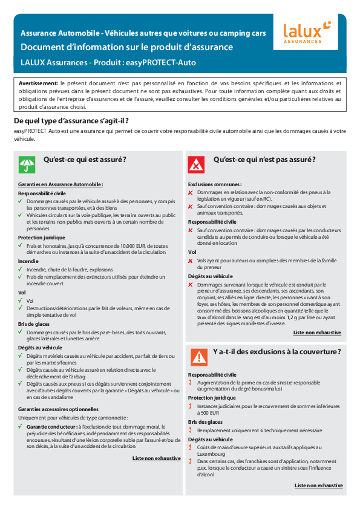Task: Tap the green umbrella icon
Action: tap(26, 164)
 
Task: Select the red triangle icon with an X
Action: tap(197, 164)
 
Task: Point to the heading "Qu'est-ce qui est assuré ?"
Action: tap(85, 160)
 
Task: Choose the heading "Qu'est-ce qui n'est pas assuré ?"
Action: tap(264, 160)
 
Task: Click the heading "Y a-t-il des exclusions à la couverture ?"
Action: tap(277, 352)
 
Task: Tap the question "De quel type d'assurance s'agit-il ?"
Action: tap(71, 121)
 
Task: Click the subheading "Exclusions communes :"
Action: tap(215, 184)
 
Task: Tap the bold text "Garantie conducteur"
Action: tap(51, 426)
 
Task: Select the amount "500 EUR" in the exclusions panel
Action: tap(207, 413)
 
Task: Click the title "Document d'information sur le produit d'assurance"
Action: tap(126, 47)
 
